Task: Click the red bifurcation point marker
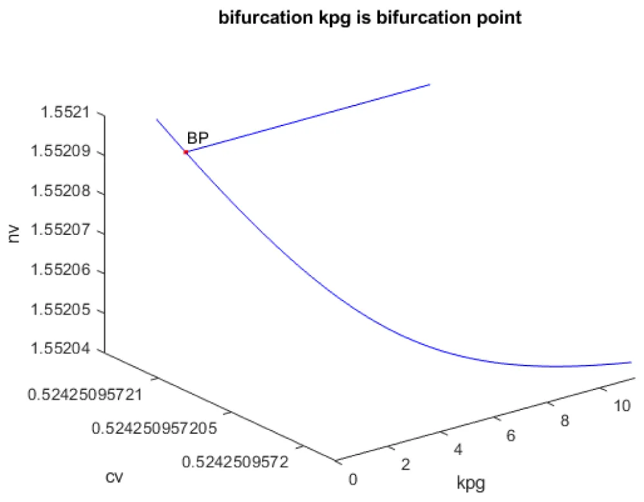coord(185,152)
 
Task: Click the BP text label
coord(198,138)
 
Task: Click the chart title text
coord(370,18)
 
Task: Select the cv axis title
coord(115,477)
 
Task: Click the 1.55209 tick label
coord(62,153)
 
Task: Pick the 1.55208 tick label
coord(62,192)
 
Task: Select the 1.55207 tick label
coord(62,232)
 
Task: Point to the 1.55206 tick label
coord(62,272)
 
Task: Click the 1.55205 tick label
coord(62,311)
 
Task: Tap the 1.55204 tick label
coord(62,351)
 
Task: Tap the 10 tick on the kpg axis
coord(621,406)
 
